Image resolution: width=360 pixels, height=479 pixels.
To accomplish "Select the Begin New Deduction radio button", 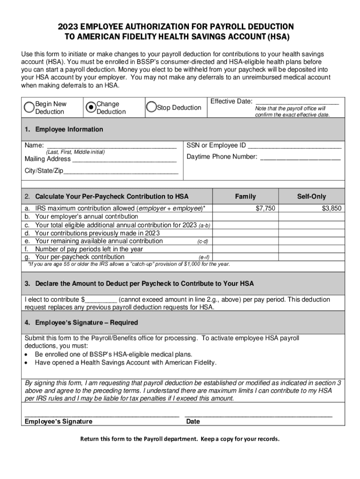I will point(30,107).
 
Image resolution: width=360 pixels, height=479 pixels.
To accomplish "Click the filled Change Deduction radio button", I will point(91,107).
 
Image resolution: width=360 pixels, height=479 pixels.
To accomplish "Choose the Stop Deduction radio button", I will point(151,107).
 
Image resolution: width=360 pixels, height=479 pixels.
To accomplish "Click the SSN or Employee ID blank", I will point(295,145).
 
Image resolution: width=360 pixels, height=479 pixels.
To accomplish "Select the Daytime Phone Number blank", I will point(300,157).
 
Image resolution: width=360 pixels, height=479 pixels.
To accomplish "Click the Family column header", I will point(245,196).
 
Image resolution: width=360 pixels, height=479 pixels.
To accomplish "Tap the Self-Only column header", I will point(311,196).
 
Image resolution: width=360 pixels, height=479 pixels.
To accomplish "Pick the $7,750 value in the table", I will point(266,208).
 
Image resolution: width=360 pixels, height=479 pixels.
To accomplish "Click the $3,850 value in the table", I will point(331,208).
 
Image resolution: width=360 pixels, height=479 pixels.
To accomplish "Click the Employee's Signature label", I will point(58,421).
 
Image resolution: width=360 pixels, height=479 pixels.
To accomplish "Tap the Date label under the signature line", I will point(193,421).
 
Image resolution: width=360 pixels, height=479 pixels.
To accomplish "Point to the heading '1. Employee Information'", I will point(64,129).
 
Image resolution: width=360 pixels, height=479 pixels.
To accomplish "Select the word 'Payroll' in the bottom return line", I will point(153,439).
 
